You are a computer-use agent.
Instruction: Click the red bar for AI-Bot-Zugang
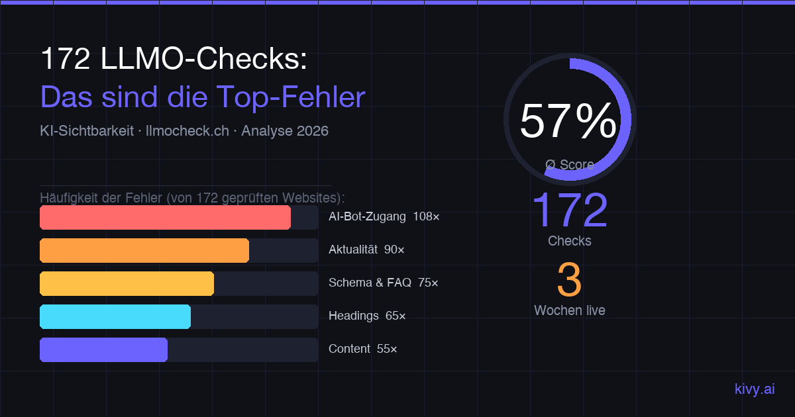[165, 218]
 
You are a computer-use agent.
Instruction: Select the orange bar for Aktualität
[144, 251]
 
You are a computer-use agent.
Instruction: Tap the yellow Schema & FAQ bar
[127, 283]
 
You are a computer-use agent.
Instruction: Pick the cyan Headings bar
[115, 316]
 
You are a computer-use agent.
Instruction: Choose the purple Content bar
[103, 349]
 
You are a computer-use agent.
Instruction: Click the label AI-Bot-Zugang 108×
[384, 216]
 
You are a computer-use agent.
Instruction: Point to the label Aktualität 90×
[366, 250]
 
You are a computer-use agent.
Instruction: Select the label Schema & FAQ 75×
[383, 283]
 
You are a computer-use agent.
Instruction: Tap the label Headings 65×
[367, 316]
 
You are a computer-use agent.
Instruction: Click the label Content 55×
[362, 349]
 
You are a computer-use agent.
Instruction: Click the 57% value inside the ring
[568, 120]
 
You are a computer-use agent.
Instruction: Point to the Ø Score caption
[570, 164]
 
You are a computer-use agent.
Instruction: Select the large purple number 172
[570, 210]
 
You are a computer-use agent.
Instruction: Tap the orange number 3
[569, 280]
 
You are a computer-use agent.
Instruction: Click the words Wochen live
[569, 310]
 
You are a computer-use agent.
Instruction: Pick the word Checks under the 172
[569, 241]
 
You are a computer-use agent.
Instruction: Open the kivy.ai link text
[755, 389]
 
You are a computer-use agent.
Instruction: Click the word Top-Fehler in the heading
[289, 97]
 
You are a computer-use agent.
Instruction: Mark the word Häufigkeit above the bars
[68, 198]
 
